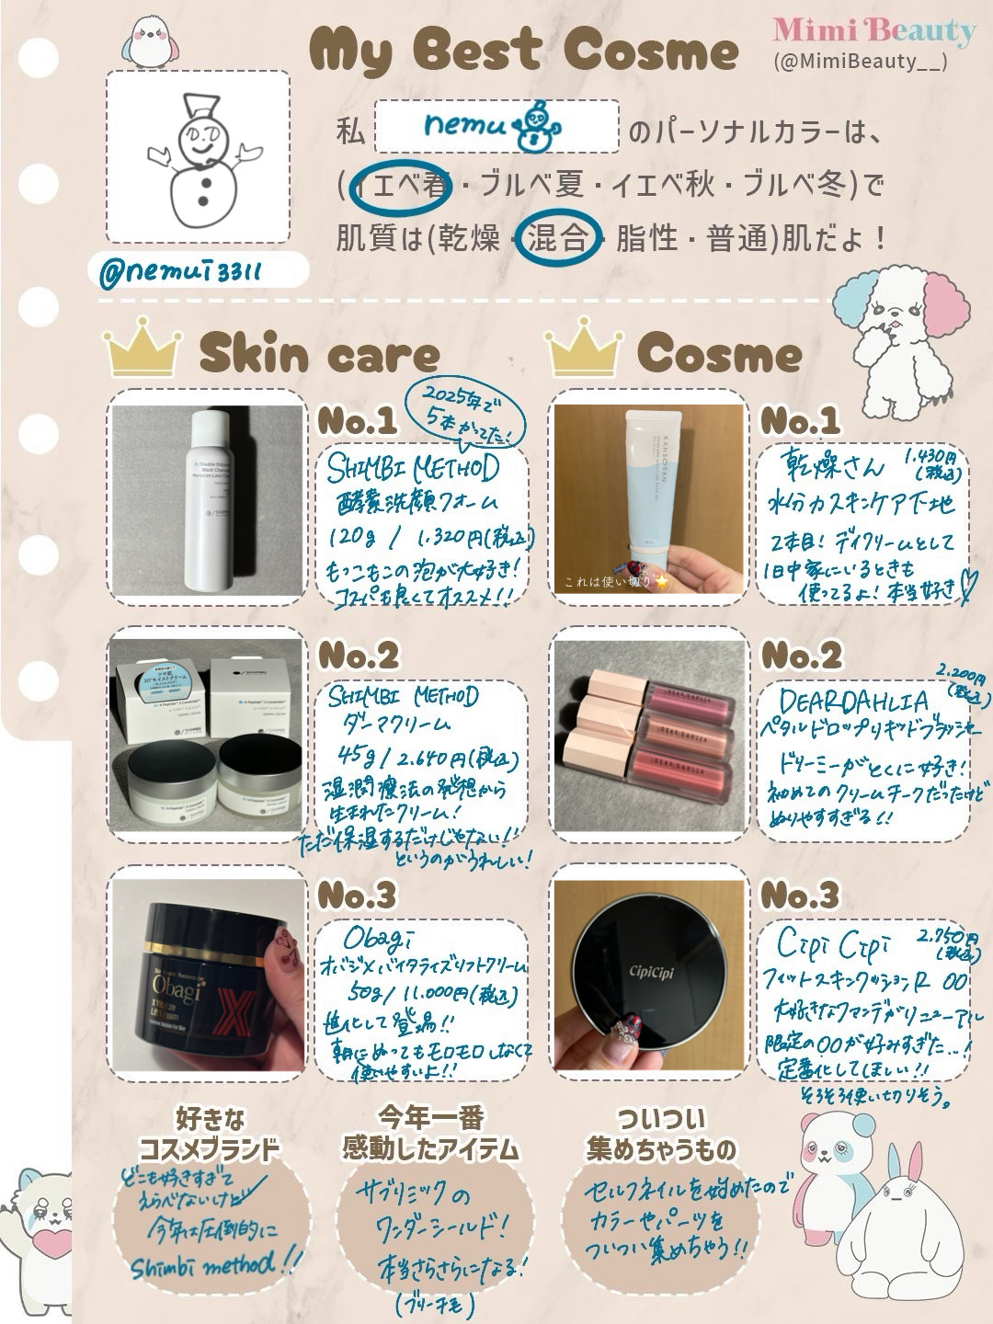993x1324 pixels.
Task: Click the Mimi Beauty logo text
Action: pos(873,31)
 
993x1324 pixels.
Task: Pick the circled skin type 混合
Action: pos(558,239)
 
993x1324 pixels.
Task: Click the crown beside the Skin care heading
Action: pos(142,348)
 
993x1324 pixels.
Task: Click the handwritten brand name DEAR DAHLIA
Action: pos(855,702)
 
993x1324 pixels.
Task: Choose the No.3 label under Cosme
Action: pos(799,895)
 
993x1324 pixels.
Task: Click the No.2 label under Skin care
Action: pos(358,656)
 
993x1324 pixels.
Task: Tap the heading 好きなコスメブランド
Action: pos(209,1134)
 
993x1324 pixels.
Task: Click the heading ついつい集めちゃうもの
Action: pos(661,1134)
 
